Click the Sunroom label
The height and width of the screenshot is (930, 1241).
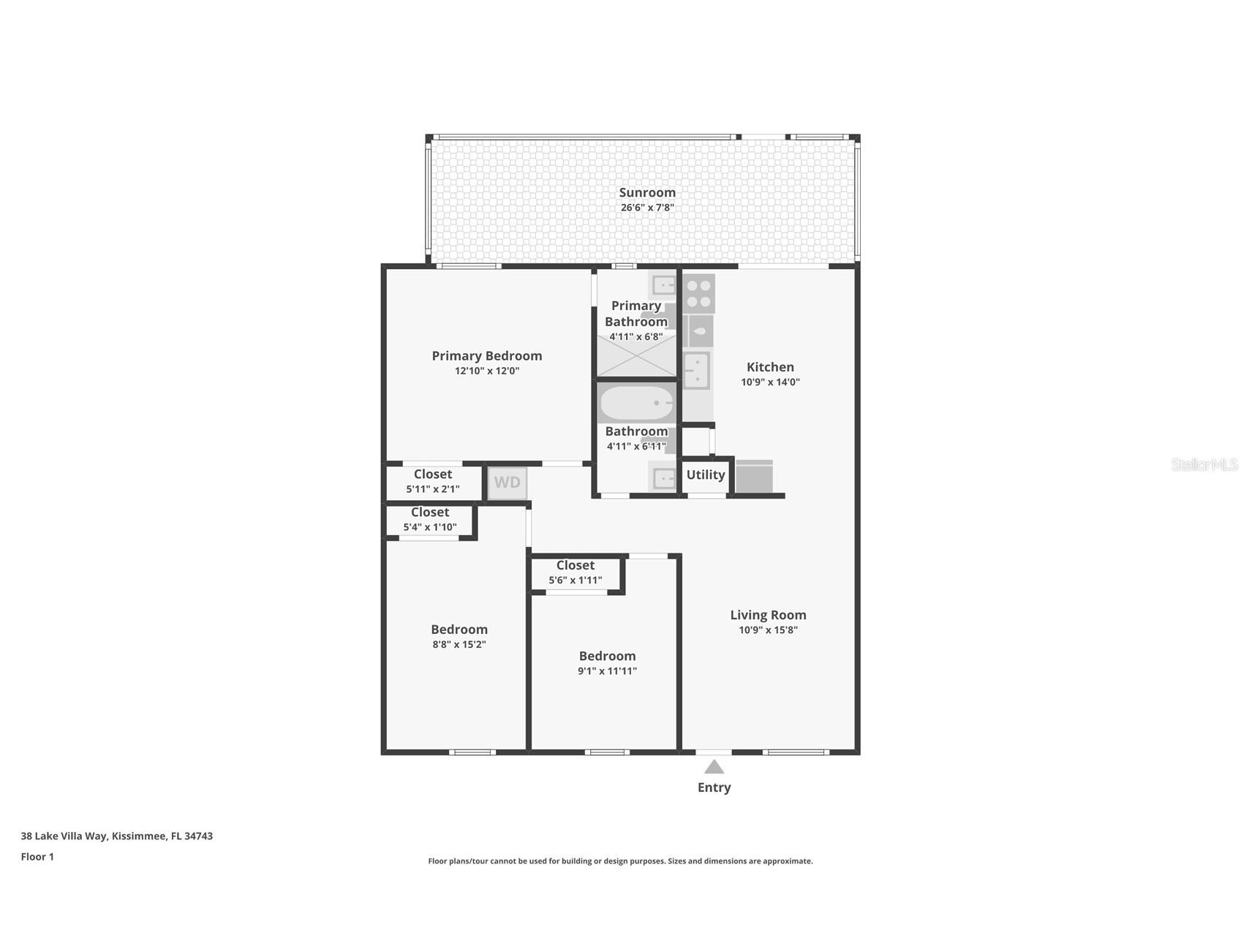(x=646, y=193)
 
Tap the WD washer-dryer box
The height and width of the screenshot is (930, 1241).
(x=507, y=483)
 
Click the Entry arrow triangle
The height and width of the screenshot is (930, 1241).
(x=714, y=767)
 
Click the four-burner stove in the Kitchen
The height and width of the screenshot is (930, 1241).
(x=699, y=293)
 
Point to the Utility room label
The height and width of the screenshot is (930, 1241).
(x=705, y=475)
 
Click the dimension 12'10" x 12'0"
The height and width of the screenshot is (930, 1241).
(x=486, y=371)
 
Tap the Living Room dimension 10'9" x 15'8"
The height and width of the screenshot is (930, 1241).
(x=767, y=630)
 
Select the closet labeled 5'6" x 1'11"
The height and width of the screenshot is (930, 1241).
(x=576, y=572)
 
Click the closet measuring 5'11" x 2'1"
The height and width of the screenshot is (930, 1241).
(x=433, y=481)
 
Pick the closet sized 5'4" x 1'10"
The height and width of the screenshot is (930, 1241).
(x=430, y=519)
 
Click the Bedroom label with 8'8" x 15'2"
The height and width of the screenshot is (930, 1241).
(x=459, y=630)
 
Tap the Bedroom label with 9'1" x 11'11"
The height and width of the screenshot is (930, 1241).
(x=607, y=657)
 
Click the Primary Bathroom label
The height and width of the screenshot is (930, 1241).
(x=635, y=314)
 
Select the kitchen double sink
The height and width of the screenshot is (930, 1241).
(x=696, y=369)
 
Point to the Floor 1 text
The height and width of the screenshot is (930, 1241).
(x=37, y=857)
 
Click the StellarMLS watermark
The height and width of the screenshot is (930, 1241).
(x=1204, y=464)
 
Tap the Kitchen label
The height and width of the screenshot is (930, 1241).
(x=769, y=367)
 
